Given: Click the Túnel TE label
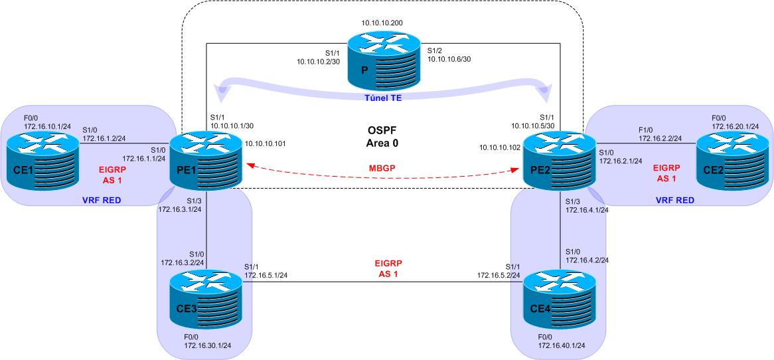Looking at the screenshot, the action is pos(383,98).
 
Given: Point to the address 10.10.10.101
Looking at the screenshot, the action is pos(265,144).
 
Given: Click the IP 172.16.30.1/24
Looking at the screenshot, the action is pos(207,345).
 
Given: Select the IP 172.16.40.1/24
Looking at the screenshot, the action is pos(561,345).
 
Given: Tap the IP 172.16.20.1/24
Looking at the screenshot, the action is pos(735,127).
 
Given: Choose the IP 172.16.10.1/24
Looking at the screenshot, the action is pos(47,127).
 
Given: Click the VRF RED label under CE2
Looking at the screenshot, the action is pos(675,200).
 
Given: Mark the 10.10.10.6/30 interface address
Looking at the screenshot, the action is pos(449,58).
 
